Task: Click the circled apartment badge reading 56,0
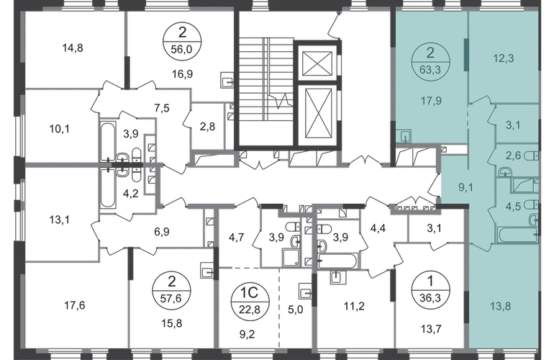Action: tap(182, 41)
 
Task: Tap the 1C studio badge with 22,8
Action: tap(250, 301)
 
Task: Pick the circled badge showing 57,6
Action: tap(171, 291)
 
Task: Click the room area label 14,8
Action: tap(73, 48)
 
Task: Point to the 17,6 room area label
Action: tap(75, 305)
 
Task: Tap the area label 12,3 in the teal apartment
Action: tap(503, 58)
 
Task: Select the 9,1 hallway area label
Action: tap(466, 187)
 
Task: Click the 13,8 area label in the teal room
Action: tap(500, 306)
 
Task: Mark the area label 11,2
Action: tap(354, 306)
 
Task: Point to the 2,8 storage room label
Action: tap(207, 126)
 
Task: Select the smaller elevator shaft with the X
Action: tap(317, 63)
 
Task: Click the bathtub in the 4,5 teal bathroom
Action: tap(517, 235)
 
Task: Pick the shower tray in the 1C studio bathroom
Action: tap(291, 257)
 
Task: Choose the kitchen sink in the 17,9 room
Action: tap(404, 135)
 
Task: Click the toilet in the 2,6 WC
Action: tap(532, 156)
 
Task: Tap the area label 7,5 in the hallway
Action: tap(161, 108)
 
